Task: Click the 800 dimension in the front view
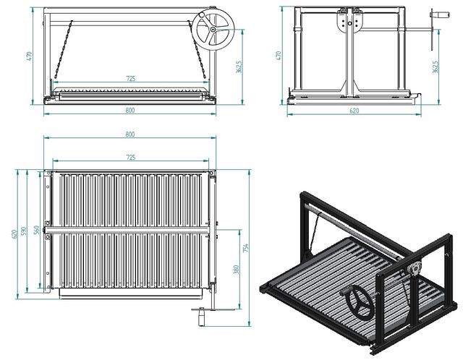(130, 111)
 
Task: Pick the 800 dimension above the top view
(130, 134)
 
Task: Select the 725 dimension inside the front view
(130, 77)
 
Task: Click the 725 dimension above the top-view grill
(130, 157)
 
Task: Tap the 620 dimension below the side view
(354, 111)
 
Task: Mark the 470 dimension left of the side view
(279, 56)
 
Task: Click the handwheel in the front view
(211, 31)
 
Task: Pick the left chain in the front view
(61, 51)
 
